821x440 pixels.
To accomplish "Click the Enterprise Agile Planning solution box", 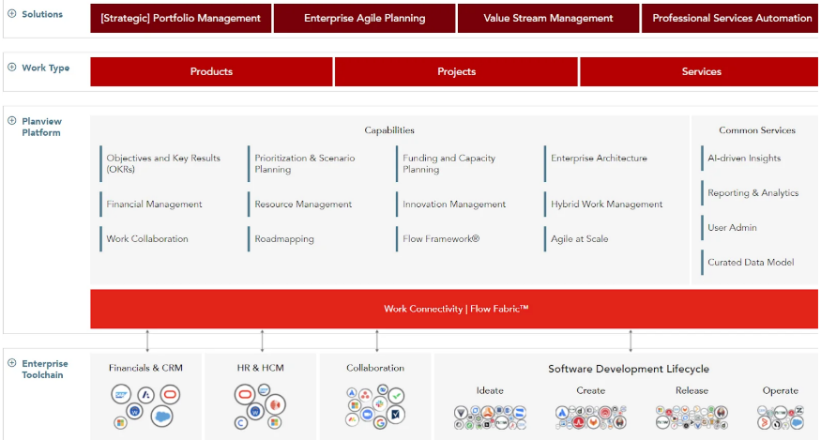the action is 364,19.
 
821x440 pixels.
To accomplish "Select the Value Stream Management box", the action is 548,19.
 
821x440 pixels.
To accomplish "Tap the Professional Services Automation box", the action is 730,19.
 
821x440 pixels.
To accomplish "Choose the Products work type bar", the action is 211,71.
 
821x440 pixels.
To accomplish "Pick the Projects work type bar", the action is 456,71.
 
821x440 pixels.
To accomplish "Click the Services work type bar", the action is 699,71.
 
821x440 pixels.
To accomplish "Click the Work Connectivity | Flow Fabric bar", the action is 454,309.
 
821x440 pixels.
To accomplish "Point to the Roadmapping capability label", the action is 284,239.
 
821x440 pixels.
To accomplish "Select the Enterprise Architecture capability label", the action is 599,159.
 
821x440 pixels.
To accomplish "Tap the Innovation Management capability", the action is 454,205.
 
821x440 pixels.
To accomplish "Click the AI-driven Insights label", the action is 744,159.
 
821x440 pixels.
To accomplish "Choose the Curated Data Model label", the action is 751,262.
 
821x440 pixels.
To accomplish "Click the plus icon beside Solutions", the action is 11,14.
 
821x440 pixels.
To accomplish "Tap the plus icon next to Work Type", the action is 11,68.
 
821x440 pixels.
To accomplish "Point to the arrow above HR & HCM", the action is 263,341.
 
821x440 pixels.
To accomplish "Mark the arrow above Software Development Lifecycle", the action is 631,341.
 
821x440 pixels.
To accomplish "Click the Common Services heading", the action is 757,130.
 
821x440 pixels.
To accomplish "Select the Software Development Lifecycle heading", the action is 629,369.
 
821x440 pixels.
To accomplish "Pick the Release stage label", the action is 692,391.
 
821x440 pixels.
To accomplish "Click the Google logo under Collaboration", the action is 380,422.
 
